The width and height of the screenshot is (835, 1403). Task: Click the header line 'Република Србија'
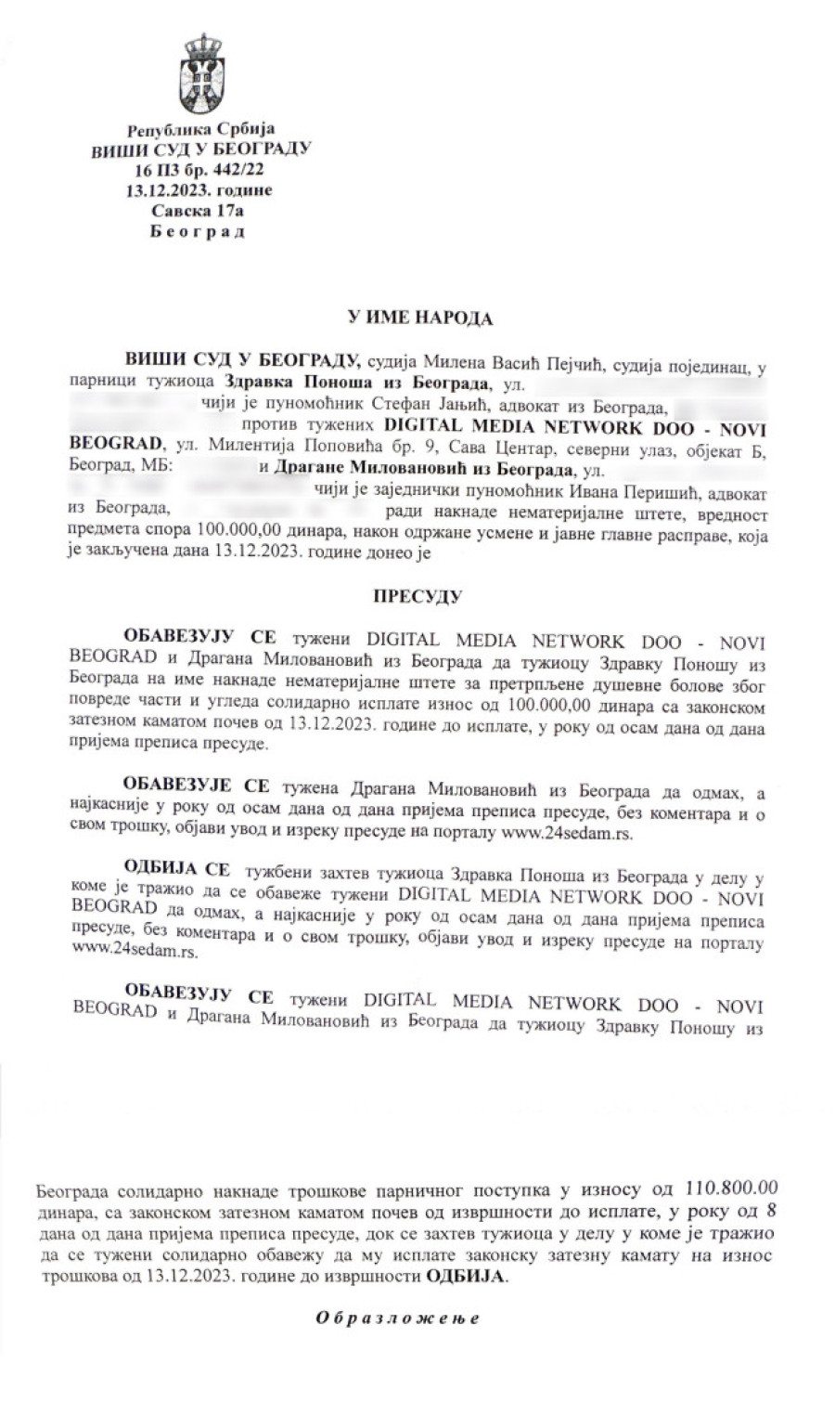200,130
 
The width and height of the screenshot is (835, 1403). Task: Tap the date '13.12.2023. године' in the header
200,191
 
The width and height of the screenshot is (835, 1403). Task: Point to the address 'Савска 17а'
200,212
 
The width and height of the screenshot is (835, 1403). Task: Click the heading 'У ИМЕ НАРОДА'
419,318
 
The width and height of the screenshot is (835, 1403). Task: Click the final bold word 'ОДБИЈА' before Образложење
467,1277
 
